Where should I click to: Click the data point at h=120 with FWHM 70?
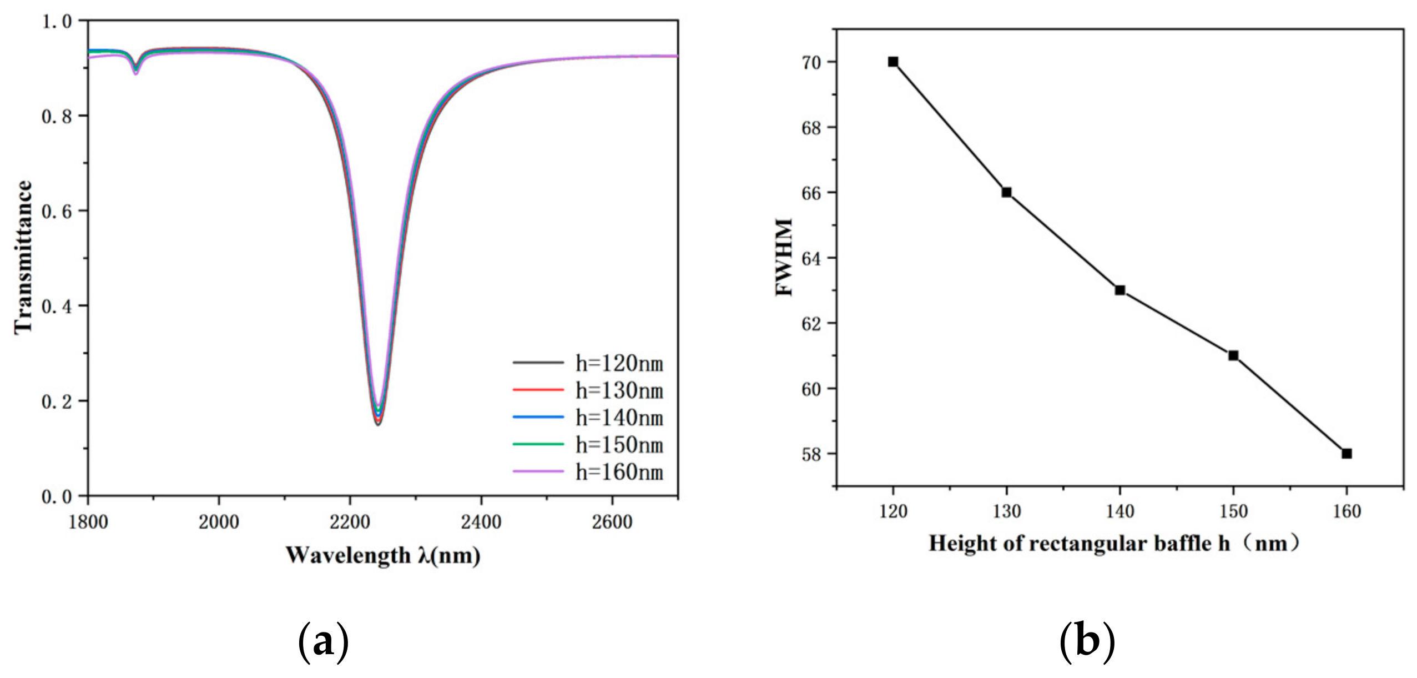893,62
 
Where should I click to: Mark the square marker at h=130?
1006,193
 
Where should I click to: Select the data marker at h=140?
1120,290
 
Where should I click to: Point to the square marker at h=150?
1233,355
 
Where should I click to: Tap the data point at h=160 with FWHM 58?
1347,454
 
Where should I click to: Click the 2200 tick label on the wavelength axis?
350,522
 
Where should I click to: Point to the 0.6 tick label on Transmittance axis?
57,212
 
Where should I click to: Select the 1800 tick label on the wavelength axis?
88,522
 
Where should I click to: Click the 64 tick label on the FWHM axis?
811,259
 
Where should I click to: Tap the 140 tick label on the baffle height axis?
1120,511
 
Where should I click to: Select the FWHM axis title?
784,257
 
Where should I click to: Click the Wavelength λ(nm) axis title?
383,555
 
